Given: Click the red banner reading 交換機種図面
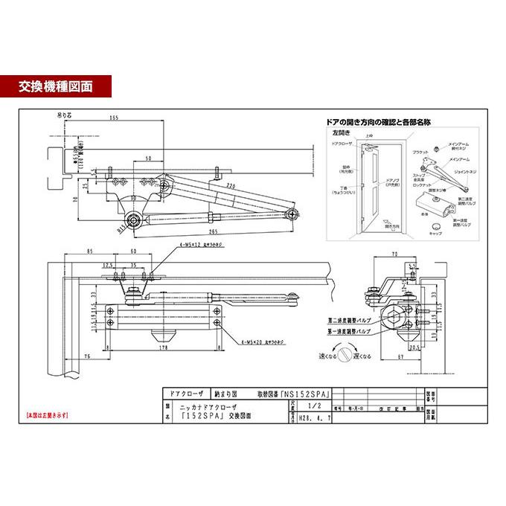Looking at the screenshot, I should [x=57, y=86].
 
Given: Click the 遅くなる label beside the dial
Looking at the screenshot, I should [x=362, y=356].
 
